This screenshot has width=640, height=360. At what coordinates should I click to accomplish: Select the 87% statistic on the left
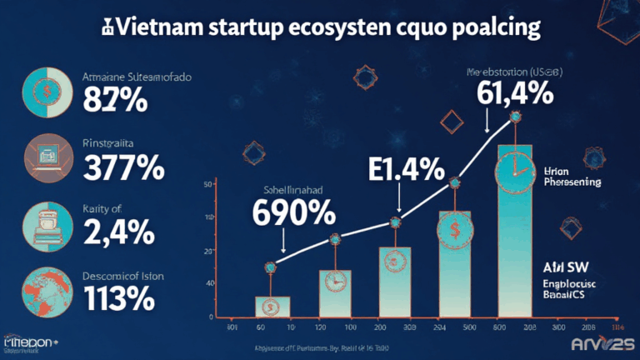click(x=116, y=101)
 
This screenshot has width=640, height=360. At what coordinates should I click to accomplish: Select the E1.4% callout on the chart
click(x=406, y=171)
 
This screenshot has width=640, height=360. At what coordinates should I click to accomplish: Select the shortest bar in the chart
click(x=272, y=306)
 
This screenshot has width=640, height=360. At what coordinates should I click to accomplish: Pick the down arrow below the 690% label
click(x=284, y=242)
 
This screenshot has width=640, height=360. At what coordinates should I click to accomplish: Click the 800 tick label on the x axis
click(x=497, y=328)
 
